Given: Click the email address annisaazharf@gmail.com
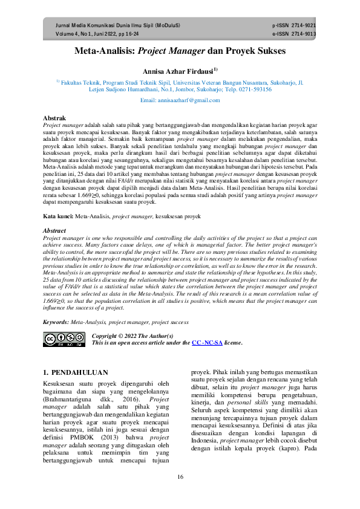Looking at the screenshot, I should (179, 99).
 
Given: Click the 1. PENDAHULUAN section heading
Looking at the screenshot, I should (76, 372).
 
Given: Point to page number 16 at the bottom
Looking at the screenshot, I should (180, 477).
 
